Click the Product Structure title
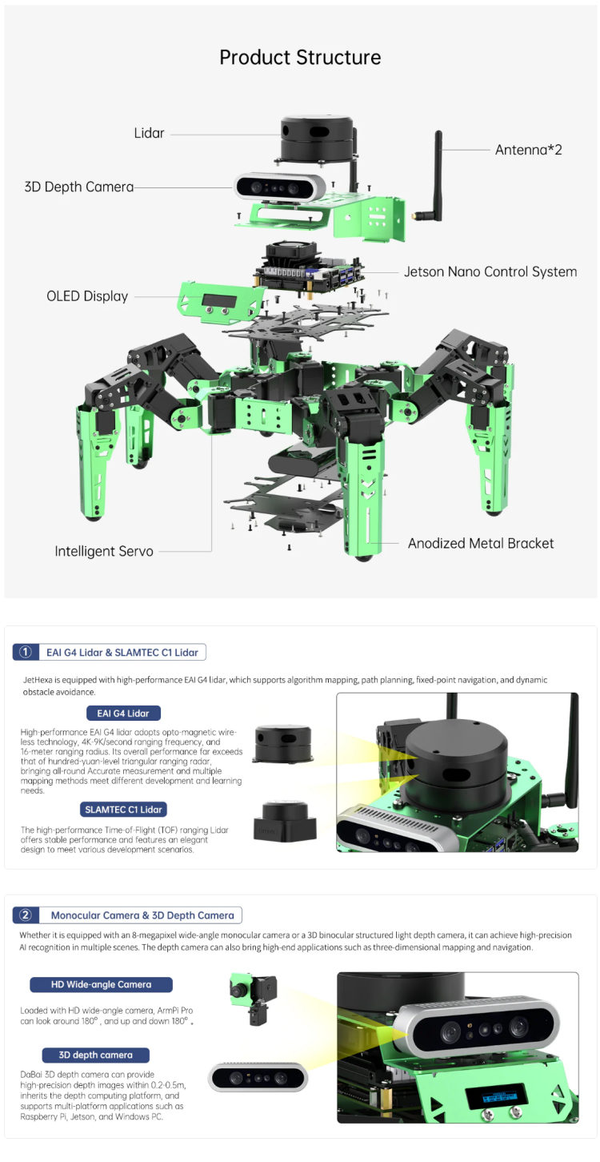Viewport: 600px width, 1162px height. pyautogui.click(x=300, y=58)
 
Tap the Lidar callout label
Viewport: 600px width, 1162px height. pyautogui.click(x=149, y=133)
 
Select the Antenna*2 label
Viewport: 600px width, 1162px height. pyautogui.click(x=528, y=150)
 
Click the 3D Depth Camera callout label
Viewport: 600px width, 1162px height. pyautogui.click(x=79, y=187)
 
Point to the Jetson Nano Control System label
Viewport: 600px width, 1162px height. pyautogui.click(x=490, y=271)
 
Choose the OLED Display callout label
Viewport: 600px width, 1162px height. pyautogui.click(x=87, y=296)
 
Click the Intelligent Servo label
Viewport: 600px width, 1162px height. pyautogui.click(x=104, y=551)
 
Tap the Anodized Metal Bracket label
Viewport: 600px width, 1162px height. pyautogui.click(x=480, y=543)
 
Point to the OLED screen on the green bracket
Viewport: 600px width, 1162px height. pyautogui.click(x=218, y=302)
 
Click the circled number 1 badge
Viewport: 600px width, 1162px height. pyautogui.click(x=25, y=652)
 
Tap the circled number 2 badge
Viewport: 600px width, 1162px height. pyautogui.click(x=25, y=915)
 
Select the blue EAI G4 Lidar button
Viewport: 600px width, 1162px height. pyautogui.click(x=123, y=713)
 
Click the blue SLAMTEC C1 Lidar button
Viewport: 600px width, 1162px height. pyautogui.click(x=123, y=810)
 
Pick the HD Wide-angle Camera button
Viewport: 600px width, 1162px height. pyautogui.click(x=101, y=984)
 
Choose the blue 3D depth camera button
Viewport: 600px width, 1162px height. pyautogui.click(x=95, y=1055)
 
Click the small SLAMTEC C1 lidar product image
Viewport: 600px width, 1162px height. pyautogui.click(x=285, y=822)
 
